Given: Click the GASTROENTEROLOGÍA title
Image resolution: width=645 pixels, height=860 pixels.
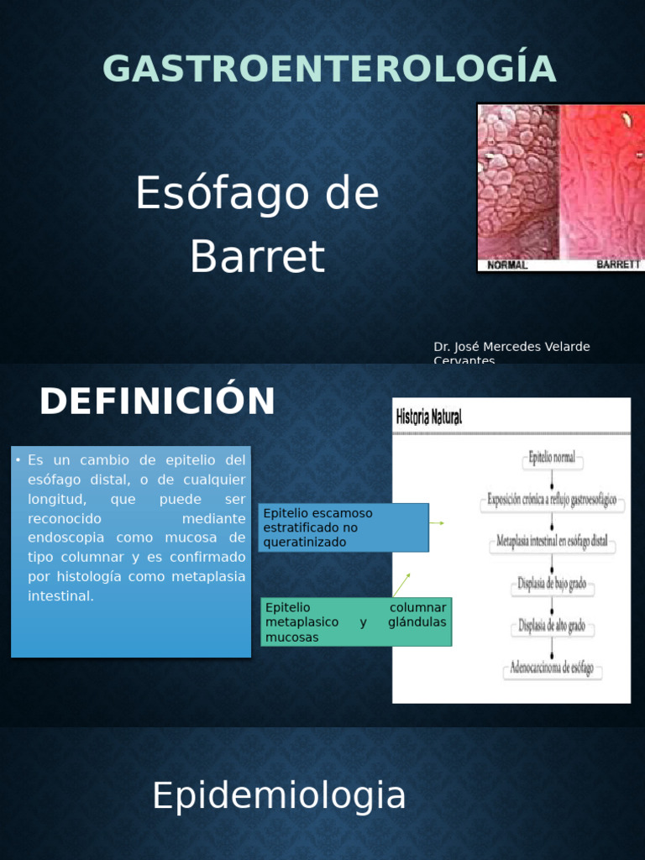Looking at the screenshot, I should [x=329, y=69].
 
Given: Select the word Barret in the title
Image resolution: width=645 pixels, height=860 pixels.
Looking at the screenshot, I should [x=257, y=257].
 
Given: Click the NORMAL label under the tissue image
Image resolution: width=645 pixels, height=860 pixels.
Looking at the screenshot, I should [x=508, y=265].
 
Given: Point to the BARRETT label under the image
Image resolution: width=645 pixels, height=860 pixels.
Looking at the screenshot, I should [x=618, y=265].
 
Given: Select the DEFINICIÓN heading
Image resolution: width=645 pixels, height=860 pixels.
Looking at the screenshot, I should [x=157, y=401].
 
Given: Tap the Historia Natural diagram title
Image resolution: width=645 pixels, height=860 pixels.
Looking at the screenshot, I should [x=428, y=417].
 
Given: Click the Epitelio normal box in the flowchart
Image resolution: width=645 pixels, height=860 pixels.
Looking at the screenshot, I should [x=552, y=459].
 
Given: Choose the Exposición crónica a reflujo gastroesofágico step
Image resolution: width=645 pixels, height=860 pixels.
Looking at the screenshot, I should [x=552, y=500].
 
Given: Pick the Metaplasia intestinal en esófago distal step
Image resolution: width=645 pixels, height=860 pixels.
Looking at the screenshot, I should [x=552, y=542].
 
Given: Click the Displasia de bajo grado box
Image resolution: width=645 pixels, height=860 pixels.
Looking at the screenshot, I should [x=552, y=585].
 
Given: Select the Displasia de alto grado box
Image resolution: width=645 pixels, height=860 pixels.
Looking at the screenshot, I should [x=552, y=627].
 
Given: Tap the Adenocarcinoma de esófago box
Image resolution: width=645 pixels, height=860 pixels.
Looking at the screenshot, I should [x=552, y=669].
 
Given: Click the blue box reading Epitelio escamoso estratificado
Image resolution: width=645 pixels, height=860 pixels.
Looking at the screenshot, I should [x=343, y=527].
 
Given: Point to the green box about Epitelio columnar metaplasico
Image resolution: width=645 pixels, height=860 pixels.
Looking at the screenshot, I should [x=355, y=622].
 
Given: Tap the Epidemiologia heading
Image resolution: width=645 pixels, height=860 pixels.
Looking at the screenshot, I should [x=279, y=795].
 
